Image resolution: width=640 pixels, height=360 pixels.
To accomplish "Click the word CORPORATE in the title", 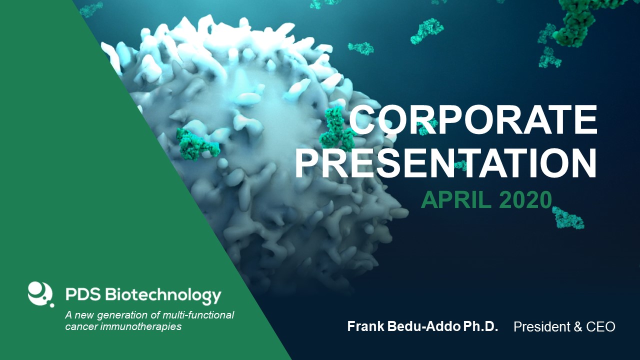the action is coord(473,119).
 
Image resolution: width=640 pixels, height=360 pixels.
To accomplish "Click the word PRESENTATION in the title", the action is coord(446,163).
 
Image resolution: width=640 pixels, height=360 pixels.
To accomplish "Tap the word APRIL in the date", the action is coord(456,200).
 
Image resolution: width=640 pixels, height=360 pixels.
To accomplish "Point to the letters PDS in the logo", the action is coord(83,294).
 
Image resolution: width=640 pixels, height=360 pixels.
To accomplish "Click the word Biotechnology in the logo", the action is coord(163,295).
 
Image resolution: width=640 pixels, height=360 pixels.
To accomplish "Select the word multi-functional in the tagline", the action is coord(198,315).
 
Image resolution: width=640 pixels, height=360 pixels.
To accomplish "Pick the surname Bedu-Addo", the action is coord(423,326).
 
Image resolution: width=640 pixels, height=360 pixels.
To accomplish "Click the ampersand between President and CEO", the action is coord(574,326).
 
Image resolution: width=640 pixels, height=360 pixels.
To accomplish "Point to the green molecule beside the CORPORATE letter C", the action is coord(336,129).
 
